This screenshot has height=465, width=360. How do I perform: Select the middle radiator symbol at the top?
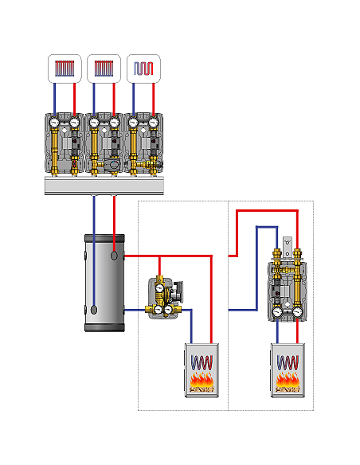point(104,68)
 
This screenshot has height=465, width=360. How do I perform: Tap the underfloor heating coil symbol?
point(143,68)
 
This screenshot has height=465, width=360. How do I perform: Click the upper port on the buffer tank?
point(116,256)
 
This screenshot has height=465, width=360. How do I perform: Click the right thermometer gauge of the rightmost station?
point(154,123)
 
